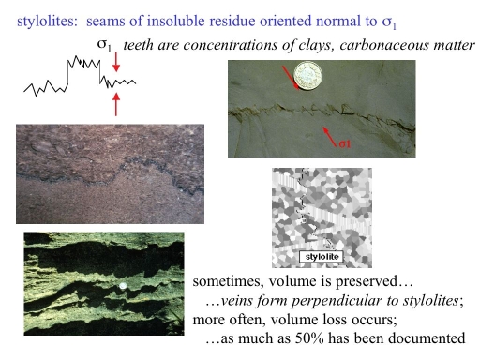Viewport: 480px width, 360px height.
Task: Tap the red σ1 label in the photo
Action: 344,146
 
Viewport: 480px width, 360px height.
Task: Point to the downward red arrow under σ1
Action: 115,63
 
